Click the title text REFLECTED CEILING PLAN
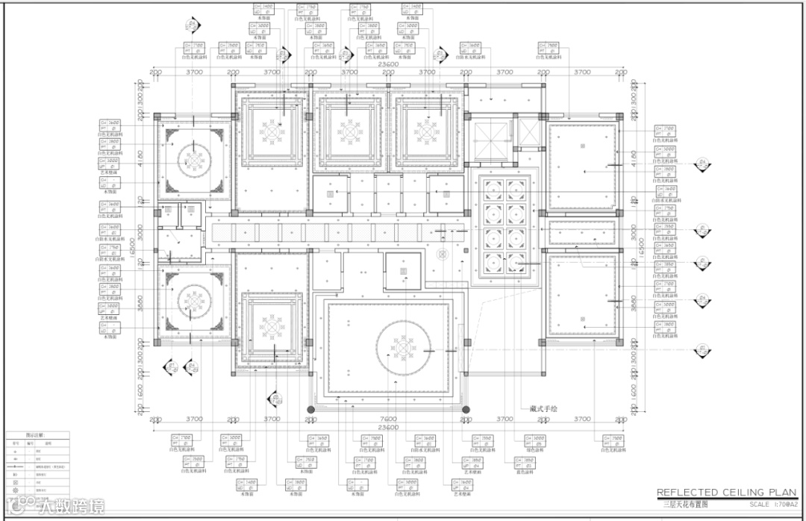point(721,493)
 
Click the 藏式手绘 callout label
point(544,408)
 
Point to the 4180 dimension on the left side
point(143,159)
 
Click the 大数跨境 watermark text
point(71,506)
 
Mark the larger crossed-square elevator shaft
point(490,135)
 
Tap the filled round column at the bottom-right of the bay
point(466,409)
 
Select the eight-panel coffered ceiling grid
point(501,228)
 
